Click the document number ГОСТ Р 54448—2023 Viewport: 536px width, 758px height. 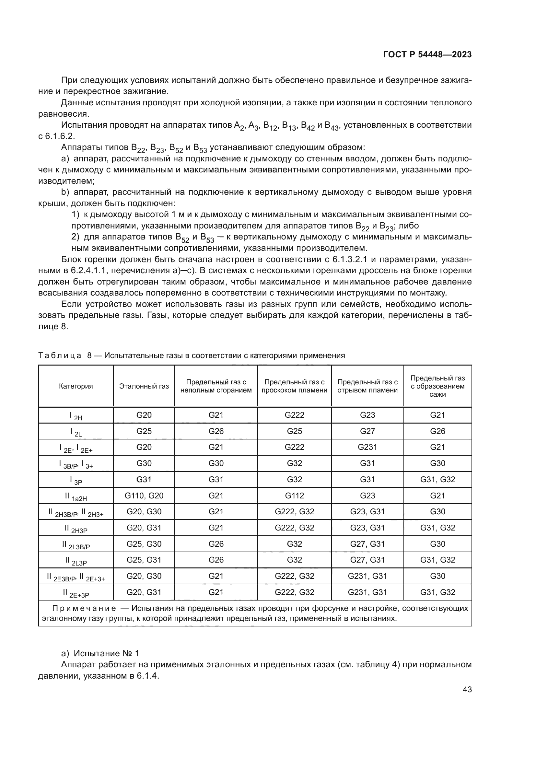pos(427,55)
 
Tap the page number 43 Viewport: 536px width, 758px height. pos(467,689)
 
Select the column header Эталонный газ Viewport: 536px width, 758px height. pos(144,386)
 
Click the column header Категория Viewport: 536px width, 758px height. pos(76,386)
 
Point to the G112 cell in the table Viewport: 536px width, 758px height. pos(294,496)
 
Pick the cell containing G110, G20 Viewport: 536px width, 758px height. pos(144,496)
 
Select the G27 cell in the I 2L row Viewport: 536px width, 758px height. pos(367,431)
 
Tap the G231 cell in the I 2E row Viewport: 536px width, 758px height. pos(367,447)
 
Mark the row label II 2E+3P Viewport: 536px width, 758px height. pos(76,593)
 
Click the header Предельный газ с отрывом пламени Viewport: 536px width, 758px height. pos(367,386)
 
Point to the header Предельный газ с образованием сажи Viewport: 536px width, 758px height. pos(437,386)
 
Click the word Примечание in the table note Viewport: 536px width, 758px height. pos(84,609)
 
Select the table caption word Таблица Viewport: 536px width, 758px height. pos(60,356)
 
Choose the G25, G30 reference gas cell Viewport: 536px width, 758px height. pos(144,544)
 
